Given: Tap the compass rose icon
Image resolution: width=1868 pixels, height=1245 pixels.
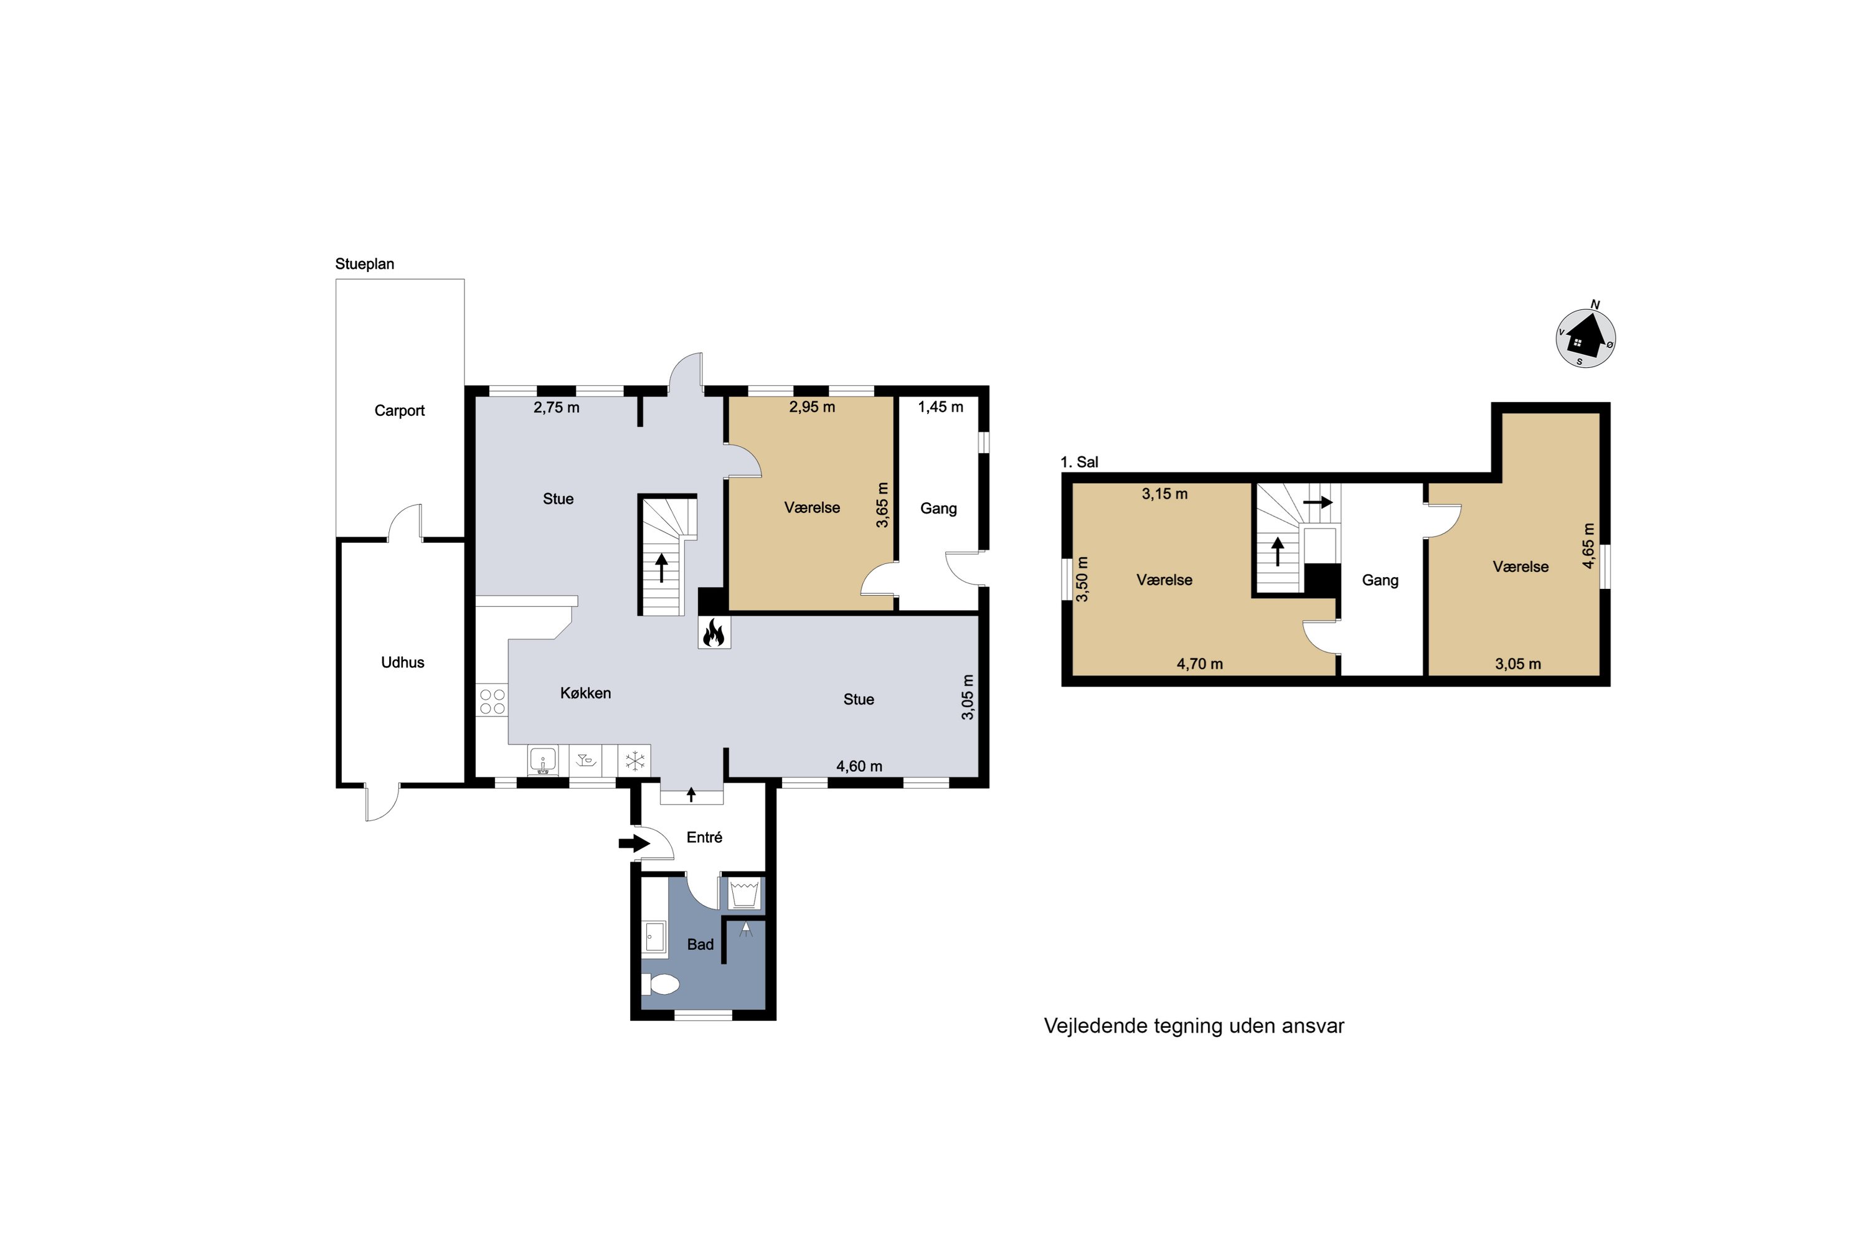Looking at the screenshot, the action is pos(1585,337).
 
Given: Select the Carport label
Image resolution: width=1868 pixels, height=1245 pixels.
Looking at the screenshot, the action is pos(400,410).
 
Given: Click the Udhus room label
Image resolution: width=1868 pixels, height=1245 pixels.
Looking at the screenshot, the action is pos(403,662).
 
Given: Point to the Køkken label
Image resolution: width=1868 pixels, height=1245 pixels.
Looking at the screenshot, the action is pos(585,693).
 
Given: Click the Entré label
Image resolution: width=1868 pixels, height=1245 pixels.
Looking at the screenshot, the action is pos(704,837).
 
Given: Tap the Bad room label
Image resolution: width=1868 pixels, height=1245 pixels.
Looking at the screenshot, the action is pos(700,944).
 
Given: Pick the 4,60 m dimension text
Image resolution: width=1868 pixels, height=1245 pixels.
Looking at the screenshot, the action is pos(859,766).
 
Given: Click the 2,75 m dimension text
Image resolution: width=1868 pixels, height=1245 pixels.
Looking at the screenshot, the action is pos(557,407).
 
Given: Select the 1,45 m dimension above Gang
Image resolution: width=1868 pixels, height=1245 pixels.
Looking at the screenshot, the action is pos(940,406).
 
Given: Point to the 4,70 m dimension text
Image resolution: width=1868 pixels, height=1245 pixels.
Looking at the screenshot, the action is pos(1199,664).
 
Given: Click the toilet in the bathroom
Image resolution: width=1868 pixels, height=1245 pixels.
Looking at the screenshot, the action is pos(661,985).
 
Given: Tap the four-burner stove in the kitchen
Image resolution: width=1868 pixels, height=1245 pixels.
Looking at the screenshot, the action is pos(493,701).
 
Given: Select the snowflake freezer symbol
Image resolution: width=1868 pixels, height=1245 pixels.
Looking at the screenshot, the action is pos(634,761).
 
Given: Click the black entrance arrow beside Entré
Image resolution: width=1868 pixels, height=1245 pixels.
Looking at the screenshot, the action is pos(634,843).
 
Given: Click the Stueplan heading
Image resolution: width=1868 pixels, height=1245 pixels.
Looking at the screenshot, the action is pos(364,263).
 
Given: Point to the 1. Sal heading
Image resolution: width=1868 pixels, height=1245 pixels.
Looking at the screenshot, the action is pos(1079,462).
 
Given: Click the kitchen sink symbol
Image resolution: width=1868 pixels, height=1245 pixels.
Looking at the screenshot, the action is pos(543,761).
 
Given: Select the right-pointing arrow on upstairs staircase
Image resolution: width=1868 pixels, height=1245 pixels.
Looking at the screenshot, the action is pos(1318,502).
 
